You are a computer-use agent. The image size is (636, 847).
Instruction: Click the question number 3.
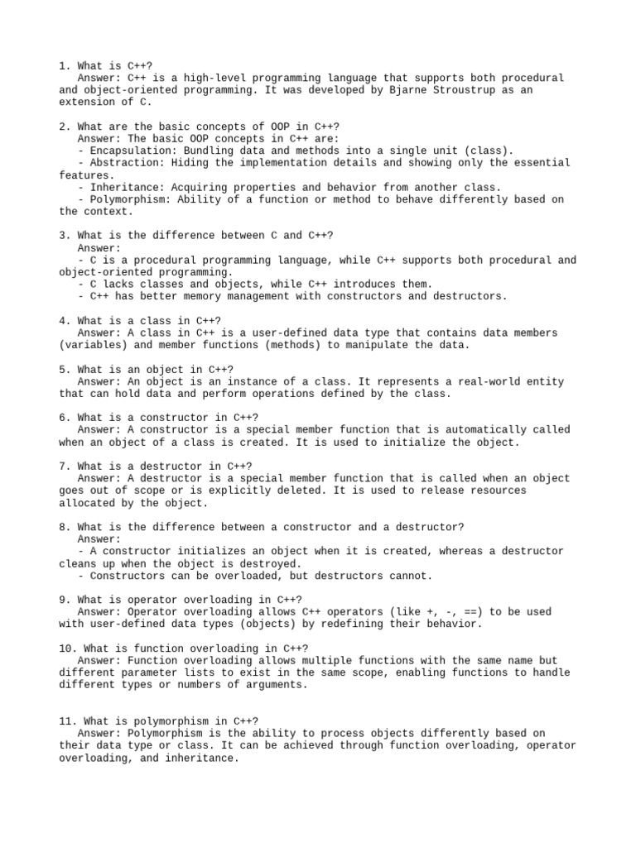63,236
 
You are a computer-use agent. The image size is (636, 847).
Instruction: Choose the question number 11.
66,720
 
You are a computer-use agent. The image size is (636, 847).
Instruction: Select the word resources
494,490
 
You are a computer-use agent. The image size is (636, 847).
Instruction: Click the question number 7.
63,466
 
